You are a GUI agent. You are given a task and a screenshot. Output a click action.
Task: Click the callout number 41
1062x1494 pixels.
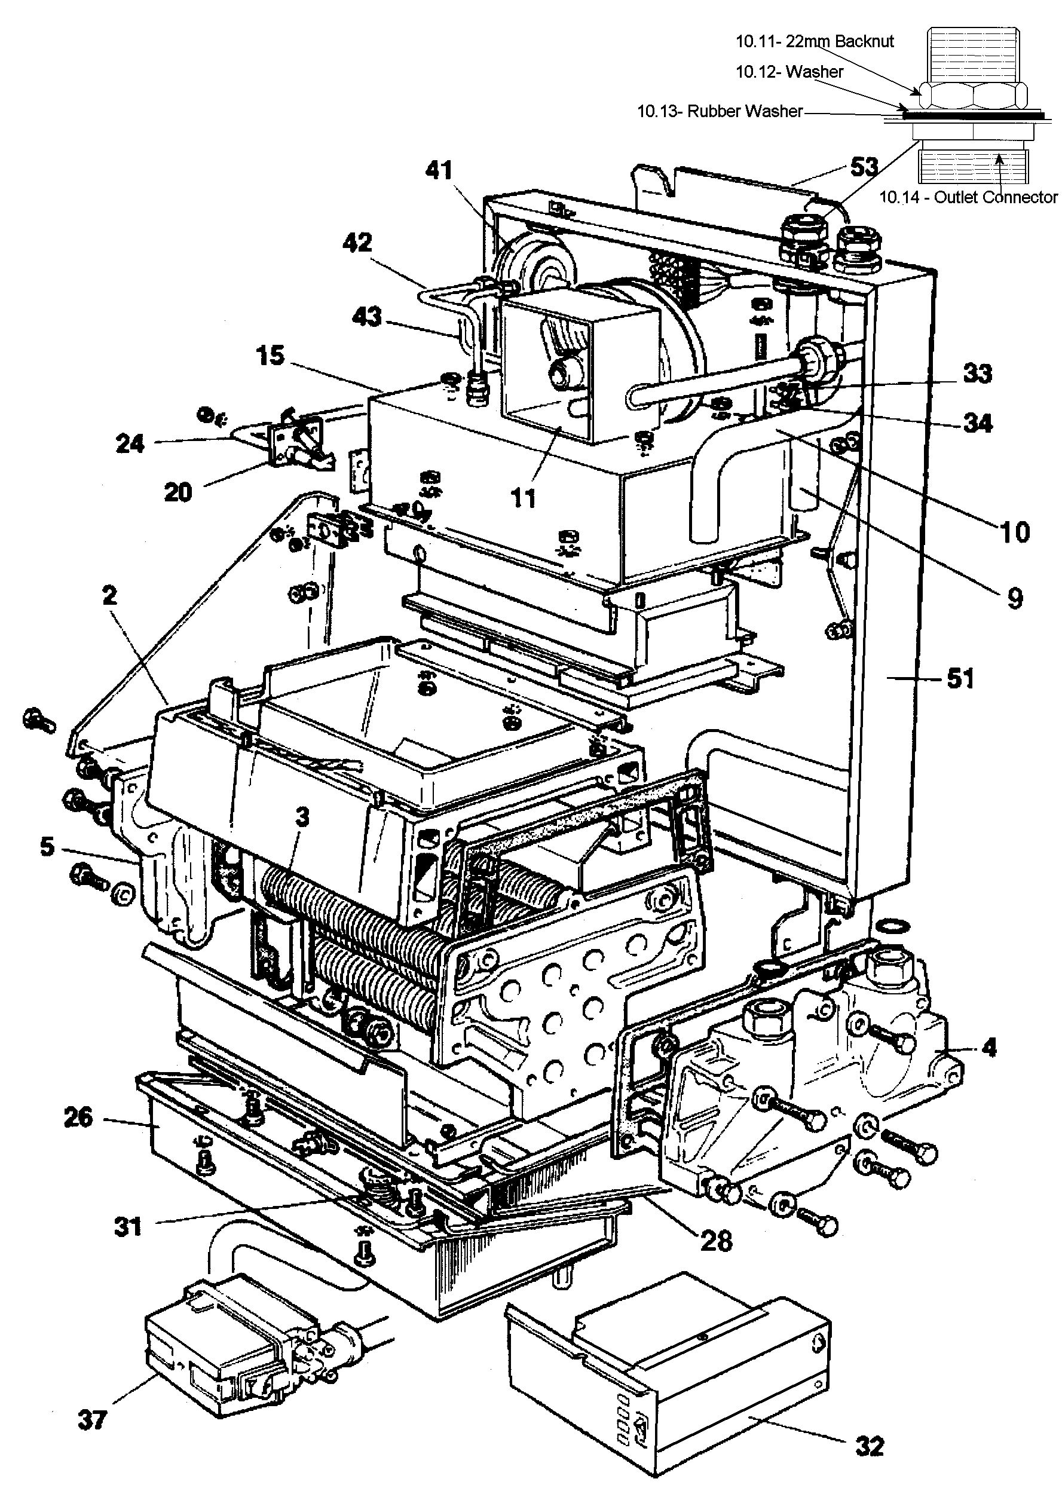[x=439, y=171]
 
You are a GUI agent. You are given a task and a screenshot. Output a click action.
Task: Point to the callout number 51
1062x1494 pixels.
[x=960, y=679]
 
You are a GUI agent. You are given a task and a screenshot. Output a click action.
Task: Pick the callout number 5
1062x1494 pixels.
[x=47, y=847]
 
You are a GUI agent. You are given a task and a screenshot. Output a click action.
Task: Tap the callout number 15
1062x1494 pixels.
[x=270, y=356]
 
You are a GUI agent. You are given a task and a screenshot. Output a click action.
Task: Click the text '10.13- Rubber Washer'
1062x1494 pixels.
[x=720, y=111]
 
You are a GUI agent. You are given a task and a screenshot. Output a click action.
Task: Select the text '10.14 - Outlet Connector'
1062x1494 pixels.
[x=968, y=197]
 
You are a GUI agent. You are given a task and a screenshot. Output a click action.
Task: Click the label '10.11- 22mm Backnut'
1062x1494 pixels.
[x=815, y=41]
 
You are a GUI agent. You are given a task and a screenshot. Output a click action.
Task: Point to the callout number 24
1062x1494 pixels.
[x=130, y=444]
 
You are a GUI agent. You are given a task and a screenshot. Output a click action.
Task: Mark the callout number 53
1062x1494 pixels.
[x=864, y=167]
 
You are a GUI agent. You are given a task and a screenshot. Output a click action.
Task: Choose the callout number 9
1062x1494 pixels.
[x=1014, y=598]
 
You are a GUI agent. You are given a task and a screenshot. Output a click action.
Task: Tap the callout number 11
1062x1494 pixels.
[x=522, y=498]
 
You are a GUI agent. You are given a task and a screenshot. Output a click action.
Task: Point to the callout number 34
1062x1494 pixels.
[x=978, y=423]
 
